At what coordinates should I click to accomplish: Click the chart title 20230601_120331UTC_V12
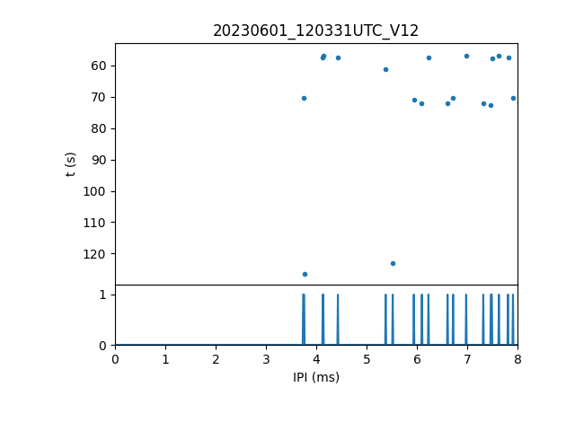click(315, 31)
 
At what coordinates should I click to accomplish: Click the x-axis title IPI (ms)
click(315, 377)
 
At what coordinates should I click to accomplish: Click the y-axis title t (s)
click(71, 164)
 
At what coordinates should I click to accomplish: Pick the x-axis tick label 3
click(266, 359)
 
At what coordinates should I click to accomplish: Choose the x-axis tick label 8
click(517, 359)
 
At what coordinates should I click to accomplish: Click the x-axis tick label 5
click(367, 359)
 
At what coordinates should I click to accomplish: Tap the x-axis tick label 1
click(165, 359)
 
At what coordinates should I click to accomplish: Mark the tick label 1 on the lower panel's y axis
click(102, 295)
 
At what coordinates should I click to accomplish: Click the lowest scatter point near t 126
click(305, 274)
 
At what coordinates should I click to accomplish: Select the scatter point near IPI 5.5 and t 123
click(393, 263)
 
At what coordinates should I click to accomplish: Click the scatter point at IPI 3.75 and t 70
click(304, 98)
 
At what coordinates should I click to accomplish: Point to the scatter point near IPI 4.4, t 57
click(338, 58)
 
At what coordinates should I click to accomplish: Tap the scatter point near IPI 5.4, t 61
click(385, 69)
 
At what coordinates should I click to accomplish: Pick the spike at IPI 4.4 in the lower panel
click(338, 319)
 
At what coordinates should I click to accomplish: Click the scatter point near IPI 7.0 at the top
click(466, 56)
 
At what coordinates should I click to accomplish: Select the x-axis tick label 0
click(115, 359)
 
